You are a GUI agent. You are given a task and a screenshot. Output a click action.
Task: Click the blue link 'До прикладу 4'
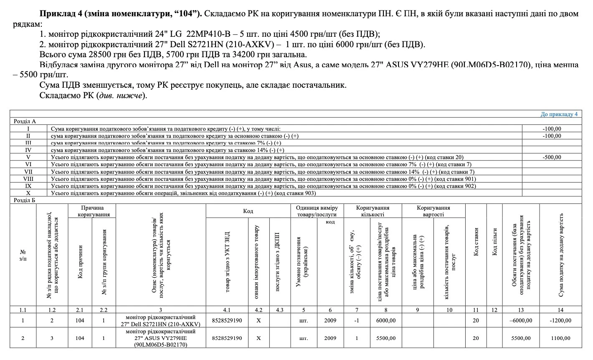(x=559, y=114)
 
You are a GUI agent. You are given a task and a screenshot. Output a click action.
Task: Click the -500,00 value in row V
(x=552, y=157)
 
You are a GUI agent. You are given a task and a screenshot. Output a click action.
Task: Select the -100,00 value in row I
(x=552, y=129)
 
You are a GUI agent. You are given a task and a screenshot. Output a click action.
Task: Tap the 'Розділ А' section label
(x=25, y=122)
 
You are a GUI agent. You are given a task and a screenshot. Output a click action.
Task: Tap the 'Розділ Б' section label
(x=25, y=200)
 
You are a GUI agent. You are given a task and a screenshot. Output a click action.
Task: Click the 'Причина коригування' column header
(x=92, y=211)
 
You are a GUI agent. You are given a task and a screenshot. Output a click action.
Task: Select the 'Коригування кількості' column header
(x=373, y=211)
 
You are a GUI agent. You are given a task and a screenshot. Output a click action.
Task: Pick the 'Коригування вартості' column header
(x=433, y=211)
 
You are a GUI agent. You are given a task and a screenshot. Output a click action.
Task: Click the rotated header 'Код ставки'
(x=476, y=242)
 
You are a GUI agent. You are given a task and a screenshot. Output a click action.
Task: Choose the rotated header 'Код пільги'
(x=495, y=242)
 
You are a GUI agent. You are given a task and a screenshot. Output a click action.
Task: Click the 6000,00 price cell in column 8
(x=385, y=321)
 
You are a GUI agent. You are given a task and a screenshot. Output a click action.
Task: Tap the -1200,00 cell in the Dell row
(x=560, y=321)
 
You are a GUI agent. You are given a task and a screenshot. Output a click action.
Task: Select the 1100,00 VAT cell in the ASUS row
(x=560, y=338)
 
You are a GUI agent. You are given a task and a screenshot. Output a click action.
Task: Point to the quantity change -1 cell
(x=357, y=321)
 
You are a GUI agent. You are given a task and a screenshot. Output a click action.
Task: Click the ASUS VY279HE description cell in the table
(x=161, y=338)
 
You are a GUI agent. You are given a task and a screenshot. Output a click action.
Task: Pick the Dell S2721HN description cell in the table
(x=161, y=321)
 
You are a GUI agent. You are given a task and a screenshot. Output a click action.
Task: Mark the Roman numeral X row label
(x=28, y=193)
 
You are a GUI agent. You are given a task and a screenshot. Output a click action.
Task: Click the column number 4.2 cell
(x=258, y=310)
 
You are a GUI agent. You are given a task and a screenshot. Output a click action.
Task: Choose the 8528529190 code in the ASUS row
(x=227, y=338)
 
